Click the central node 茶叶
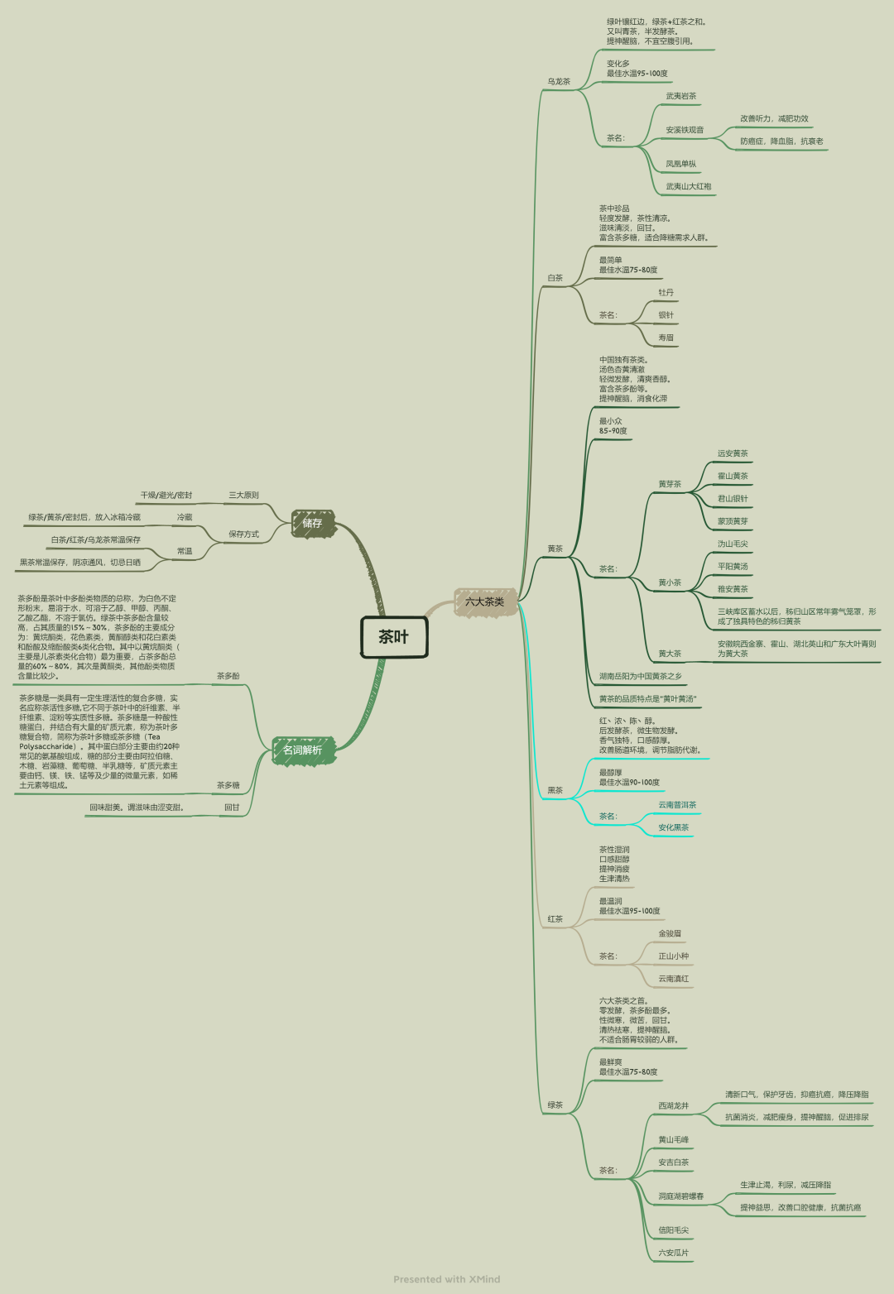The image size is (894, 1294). pos(394,637)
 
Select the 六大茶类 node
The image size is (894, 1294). pos(485,601)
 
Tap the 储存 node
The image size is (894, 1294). pos(312,523)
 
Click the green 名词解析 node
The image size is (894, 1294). pos(302,750)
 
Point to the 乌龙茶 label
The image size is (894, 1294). pos(558,82)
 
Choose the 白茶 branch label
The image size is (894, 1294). pos(555,278)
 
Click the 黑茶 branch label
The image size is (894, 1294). pos(555,790)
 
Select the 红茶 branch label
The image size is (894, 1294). pos(555,919)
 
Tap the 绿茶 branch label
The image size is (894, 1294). pos(555,1105)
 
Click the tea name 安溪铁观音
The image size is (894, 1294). pos(685,130)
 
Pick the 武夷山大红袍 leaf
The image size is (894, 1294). pos(688,187)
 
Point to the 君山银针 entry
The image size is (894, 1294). pos(733,499)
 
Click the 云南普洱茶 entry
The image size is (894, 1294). pos(677,805)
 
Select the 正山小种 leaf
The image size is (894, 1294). pos(673,956)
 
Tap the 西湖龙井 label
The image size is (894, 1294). pos(673,1106)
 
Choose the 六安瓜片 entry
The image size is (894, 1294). pos(673,1253)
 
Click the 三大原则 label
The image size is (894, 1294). pos(243,496)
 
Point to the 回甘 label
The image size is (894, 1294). pos(232,808)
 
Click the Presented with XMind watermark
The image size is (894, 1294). pos(447,1279)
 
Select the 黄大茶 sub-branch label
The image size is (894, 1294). pos(670,654)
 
